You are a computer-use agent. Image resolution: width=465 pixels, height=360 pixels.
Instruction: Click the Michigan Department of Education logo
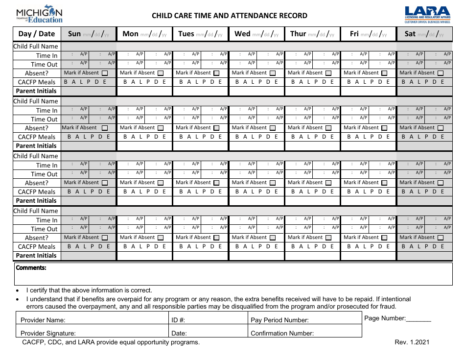tap(39, 15)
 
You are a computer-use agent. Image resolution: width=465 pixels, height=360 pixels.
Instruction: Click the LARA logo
tap(427, 15)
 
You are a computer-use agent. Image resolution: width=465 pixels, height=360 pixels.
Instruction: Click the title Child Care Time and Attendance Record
tap(230, 16)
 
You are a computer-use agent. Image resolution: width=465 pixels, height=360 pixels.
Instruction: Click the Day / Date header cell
tap(37, 34)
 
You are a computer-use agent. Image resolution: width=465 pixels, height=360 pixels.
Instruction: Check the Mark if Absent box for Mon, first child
tap(161, 73)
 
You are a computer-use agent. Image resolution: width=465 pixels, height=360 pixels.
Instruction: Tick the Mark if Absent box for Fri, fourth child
tap(384, 238)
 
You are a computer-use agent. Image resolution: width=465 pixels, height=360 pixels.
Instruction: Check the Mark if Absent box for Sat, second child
tap(440, 128)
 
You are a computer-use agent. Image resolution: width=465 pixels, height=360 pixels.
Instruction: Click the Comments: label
tap(31, 268)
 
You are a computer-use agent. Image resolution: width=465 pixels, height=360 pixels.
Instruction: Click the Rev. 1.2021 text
tap(412, 342)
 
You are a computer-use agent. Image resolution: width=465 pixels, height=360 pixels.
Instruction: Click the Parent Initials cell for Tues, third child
tap(200, 201)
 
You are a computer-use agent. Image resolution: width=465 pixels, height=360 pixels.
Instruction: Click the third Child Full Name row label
tap(36, 156)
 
